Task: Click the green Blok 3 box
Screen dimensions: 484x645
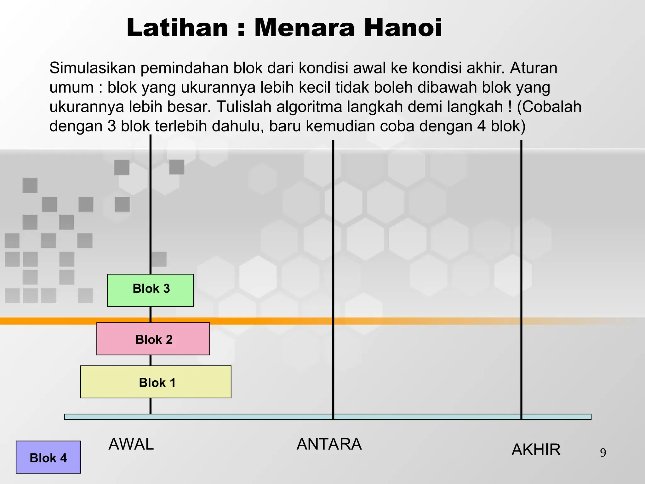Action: point(150,290)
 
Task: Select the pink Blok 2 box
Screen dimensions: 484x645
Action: point(153,339)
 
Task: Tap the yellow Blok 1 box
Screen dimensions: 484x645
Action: point(156,382)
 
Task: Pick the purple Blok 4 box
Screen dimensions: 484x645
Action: point(48,457)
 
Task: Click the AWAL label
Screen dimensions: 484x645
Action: point(131,444)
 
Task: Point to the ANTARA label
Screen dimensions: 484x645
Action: point(329,444)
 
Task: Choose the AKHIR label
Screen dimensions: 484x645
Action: point(536,450)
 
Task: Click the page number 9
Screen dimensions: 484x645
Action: point(603,453)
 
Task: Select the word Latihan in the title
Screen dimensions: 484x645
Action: point(177,28)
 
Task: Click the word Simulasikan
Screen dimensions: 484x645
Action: point(93,68)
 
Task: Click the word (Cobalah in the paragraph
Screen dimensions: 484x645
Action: point(549,107)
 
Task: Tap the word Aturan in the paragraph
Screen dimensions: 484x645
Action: point(534,68)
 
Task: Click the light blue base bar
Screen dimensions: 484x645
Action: point(409,417)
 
